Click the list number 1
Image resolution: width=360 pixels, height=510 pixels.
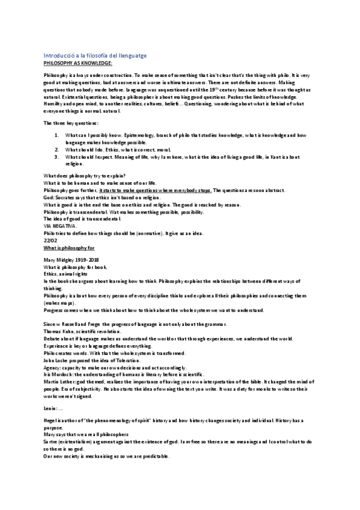56,136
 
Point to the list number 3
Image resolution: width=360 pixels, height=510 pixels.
56,156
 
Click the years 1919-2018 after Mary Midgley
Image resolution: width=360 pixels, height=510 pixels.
87,260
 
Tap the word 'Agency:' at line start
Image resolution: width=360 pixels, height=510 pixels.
53,367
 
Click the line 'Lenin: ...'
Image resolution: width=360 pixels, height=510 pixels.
54,408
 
